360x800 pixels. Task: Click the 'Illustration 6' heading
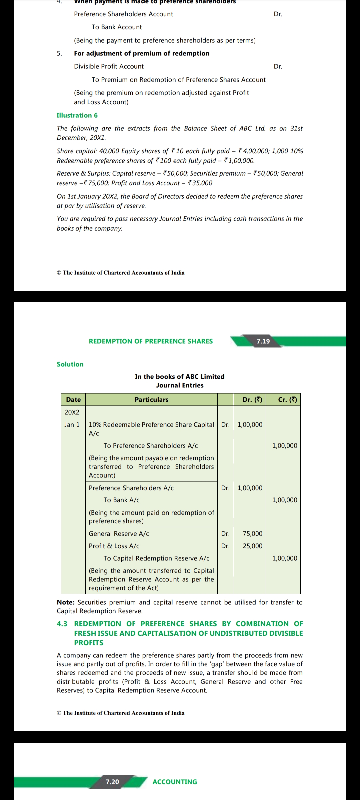(77, 115)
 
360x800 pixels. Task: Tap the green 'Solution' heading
(70, 364)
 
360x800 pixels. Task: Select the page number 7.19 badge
(263, 341)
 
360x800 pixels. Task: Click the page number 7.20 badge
(112, 782)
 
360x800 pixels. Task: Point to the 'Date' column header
(73, 399)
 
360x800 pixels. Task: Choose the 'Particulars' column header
(151, 399)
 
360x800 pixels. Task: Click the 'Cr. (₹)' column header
(287, 399)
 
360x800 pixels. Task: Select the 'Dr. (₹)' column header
(252, 399)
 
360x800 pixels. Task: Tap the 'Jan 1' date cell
(72, 425)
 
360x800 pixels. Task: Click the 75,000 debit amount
(252, 534)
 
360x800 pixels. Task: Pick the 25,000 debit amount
(252, 546)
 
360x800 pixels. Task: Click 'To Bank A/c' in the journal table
(121, 500)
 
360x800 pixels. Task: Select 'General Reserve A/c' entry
(119, 534)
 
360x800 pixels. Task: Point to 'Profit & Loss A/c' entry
(114, 546)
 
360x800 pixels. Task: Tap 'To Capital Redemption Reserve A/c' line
(156, 558)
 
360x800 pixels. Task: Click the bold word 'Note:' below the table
(66, 602)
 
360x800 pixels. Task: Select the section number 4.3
(62, 624)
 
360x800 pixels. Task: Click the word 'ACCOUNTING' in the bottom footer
(175, 782)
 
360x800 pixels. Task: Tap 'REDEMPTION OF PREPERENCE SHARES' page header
(151, 341)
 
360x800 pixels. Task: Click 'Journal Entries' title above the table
(180, 385)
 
